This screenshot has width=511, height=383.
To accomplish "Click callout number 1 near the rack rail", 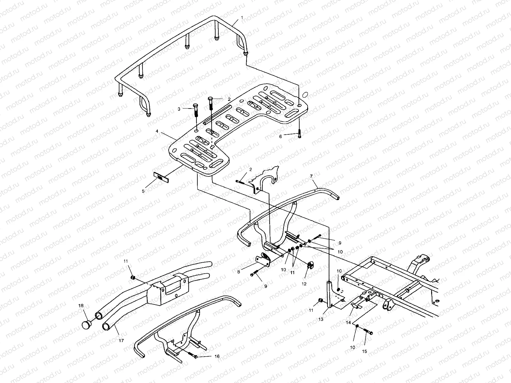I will pos(242,17).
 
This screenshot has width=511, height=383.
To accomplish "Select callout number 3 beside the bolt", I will pos(179,109).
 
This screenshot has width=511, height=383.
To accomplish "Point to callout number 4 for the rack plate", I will pos(157,131).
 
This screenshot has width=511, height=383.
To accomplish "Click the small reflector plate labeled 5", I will pos(160,176).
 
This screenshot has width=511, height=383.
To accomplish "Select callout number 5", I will pos(143,191).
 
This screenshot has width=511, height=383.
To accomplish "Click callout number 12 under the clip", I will pos(304,283).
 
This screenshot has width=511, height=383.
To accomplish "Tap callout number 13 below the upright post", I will pos(321,319).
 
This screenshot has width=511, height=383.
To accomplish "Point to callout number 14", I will pos(348,323).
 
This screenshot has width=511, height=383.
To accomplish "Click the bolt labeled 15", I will pos(369,333).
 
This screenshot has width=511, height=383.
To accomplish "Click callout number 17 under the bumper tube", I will pos(121,341).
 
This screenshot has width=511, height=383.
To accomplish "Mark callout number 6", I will pos(280,136).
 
